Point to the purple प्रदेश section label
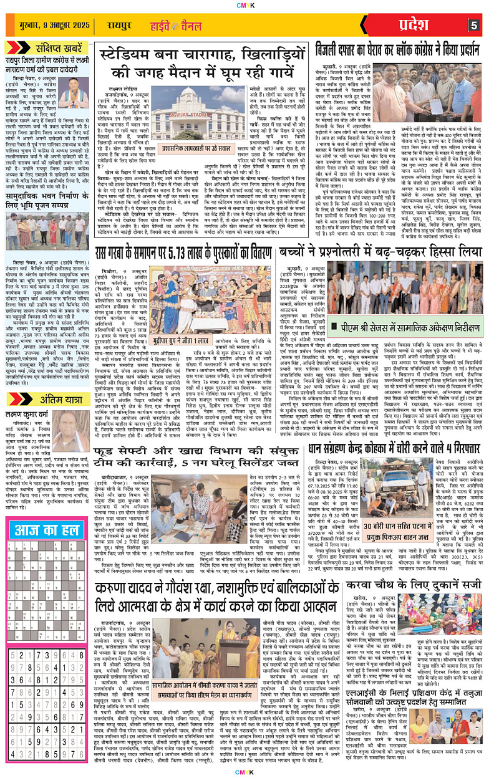pyautogui.click(x=414, y=26)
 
